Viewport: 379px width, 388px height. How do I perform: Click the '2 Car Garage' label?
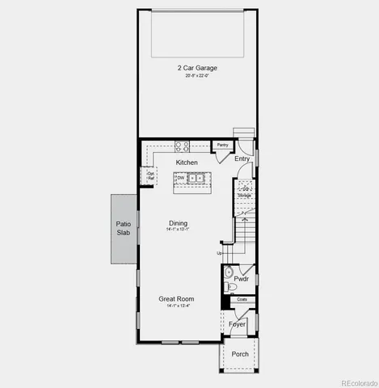pos(196,68)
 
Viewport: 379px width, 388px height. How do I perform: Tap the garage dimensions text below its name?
pos(196,76)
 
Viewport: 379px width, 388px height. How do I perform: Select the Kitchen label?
pos(187,162)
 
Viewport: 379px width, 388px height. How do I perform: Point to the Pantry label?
pos(222,145)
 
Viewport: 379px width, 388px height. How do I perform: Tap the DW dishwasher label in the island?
pos(181,178)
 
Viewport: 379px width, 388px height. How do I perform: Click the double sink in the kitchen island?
pos(197,179)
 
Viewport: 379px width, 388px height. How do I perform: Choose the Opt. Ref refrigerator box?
pos(150,175)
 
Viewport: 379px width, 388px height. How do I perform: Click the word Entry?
pos(242,158)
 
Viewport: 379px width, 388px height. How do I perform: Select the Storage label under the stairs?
pos(244,195)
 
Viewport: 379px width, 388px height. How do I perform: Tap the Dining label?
pos(179,223)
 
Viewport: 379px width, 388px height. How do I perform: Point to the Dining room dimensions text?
pos(179,230)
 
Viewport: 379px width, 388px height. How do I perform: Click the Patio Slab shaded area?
pos(124,228)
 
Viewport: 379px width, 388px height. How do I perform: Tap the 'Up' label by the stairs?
pos(219,254)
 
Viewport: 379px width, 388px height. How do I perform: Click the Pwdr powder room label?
pos(241,279)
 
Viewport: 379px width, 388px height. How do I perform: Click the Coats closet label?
pos(242,299)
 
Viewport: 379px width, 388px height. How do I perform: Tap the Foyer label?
pos(237,324)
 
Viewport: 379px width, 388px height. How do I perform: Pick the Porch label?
pos(240,354)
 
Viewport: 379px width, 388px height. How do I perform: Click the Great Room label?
pos(177,298)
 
